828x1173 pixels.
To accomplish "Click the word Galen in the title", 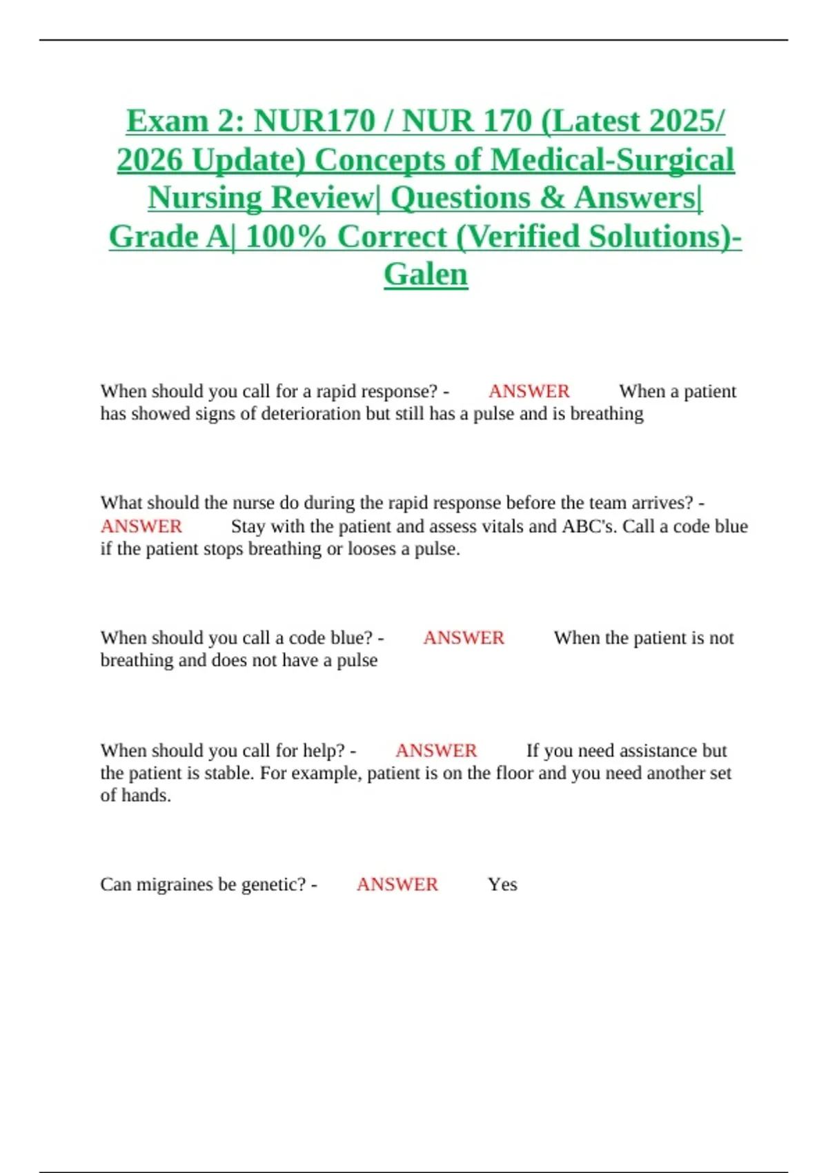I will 426,275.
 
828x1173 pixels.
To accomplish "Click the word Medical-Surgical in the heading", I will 613,160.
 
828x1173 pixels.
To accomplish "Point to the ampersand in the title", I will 552,198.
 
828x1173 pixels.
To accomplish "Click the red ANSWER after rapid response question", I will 529,391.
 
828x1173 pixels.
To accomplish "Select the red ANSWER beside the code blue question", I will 464,638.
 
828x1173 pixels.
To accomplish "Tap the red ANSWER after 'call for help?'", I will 436,750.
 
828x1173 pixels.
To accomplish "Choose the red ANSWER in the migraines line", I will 397,884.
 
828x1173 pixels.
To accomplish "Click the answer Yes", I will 502,884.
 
